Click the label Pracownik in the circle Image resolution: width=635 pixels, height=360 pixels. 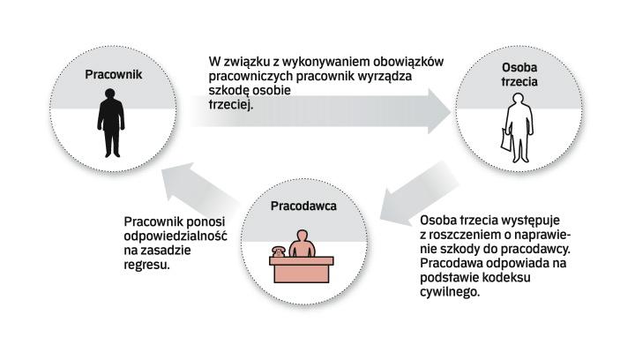click(113, 75)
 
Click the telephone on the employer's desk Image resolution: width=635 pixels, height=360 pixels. click(276, 252)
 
